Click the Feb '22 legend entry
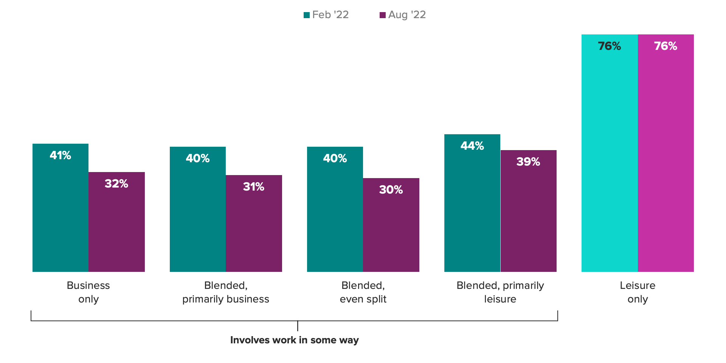click(326, 15)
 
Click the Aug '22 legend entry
click(403, 15)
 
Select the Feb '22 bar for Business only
click(60, 212)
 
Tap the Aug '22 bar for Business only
click(116, 227)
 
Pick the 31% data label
click(254, 186)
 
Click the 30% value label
click(391, 189)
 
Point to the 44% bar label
click(472, 146)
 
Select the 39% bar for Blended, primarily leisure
click(529, 216)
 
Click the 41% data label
click(60, 155)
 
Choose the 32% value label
click(116, 183)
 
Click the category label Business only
click(88, 292)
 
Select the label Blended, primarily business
click(226, 292)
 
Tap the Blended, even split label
click(363, 292)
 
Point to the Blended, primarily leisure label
click(500, 292)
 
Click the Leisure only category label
click(638, 292)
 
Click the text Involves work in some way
click(295, 340)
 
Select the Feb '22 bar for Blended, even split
click(335, 216)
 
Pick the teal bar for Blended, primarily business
click(198, 216)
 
